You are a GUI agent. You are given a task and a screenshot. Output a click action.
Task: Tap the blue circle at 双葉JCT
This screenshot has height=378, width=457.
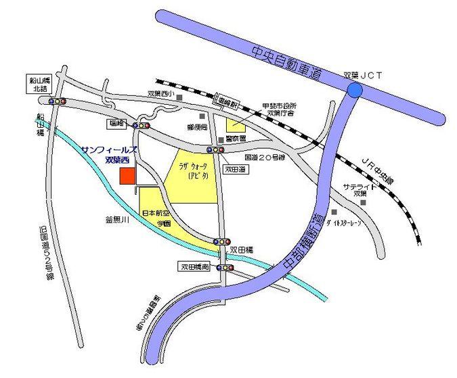[x=354, y=90]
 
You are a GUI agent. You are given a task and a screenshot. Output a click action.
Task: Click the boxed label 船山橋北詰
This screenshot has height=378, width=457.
[x=31, y=82]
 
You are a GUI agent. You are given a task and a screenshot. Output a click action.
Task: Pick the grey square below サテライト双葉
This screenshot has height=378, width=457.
[x=364, y=202]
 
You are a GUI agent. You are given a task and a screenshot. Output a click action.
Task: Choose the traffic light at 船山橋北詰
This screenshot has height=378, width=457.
[x=56, y=101]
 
